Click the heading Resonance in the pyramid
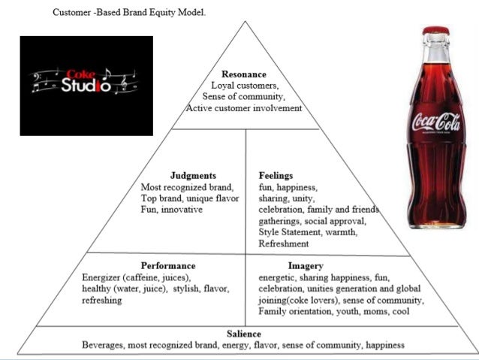tap(244, 74)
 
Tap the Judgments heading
tap(193, 175)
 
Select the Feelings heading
tap(276, 175)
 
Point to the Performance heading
tap(168, 265)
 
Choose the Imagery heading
tap(306, 265)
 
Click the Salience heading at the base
tap(244, 333)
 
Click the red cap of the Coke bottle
tap(435, 31)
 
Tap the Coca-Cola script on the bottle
tap(435, 121)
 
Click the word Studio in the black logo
tap(86, 85)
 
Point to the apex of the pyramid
tap(246, 22)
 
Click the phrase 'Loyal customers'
tap(244, 86)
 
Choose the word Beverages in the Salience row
tap(106, 345)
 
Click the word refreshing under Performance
tap(103, 300)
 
